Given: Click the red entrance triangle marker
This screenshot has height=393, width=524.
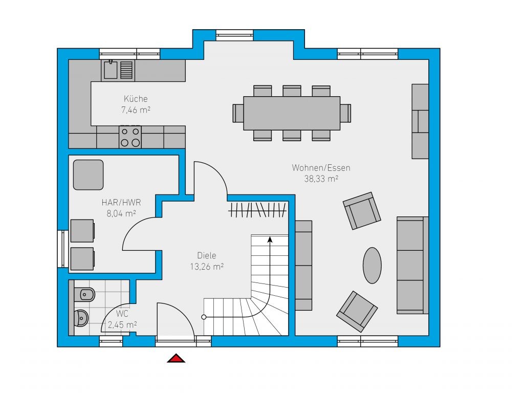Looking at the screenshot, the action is pos(176,359).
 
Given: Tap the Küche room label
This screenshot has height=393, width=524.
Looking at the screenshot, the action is pos(136,99).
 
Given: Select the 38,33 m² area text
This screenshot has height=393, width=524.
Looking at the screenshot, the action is pos(321,179).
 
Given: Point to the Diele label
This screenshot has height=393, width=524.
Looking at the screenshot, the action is pos(207,256).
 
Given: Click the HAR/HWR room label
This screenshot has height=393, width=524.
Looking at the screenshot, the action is pos(121,203).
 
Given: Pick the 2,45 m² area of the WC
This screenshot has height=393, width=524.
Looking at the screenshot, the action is pos(122,324).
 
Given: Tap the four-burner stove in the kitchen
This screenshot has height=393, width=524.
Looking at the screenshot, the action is pos(130,137).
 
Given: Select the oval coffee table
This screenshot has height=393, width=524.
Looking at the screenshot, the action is pos(373,266).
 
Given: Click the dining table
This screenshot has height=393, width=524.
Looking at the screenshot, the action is pos(292,113).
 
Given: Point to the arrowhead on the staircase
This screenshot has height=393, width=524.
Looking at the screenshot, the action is pos(270,239).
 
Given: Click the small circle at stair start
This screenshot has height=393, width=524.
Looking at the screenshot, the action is pos(204,317).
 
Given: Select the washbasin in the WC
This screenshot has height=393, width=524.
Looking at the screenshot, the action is pos(81,318).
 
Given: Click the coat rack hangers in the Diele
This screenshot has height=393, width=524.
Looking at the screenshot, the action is pos(257,210).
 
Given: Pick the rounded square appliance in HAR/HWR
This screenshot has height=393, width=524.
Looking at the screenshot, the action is pos(88,175).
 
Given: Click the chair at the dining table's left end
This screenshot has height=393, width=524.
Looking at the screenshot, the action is pos(238,113).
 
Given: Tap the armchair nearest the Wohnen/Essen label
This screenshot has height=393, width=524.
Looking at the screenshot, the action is pos(362,210).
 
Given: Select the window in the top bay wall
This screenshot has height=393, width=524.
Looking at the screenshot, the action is pos(234,35).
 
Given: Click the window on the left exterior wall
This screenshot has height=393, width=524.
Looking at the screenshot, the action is pos(63,249).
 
